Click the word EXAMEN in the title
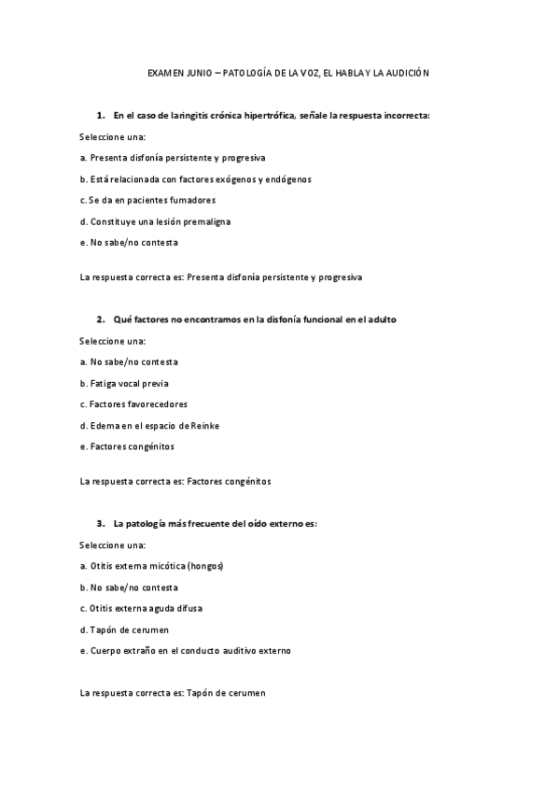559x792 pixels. (x=166, y=72)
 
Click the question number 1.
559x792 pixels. (x=100, y=116)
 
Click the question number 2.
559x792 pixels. (x=100, y=319)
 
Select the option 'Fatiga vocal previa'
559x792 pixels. (x=125, y=383)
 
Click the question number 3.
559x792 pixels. (x=100, y=524)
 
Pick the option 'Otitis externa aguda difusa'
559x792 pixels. (x=141, y=608)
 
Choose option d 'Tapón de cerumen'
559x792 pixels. (x=124, y=629)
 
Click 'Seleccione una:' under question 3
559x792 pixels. (x=113, y=544)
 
